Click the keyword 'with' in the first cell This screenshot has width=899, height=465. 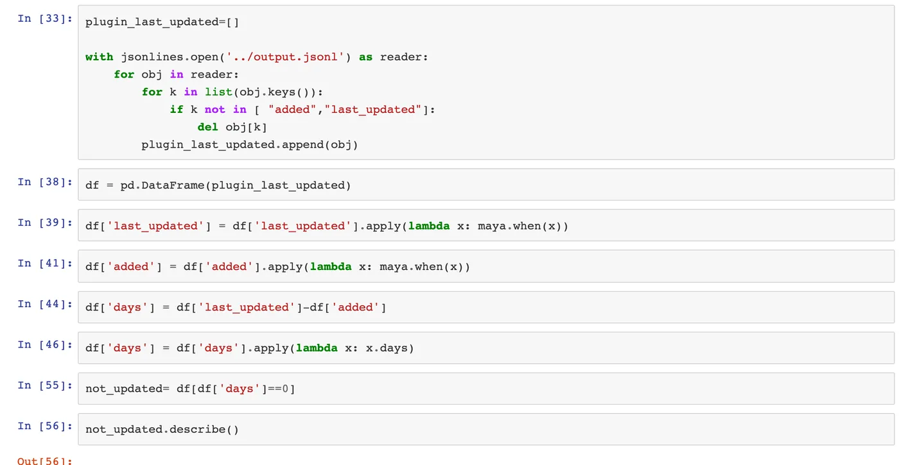pyautogui.click(x=99, y=57)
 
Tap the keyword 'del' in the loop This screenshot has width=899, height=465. pyautogui.click(x=208, y=127)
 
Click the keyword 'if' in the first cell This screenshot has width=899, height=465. pyautogui.click(x=177, y=110)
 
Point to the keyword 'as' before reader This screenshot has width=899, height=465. pyautogui.click(x=365, y=57)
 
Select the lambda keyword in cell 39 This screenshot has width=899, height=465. pyautogui.click(x=429, y=226)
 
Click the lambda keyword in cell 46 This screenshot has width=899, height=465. pyautogui.click(x=317, y=348)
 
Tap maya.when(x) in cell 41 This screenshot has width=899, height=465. pyautogui.click(x=424, y=267)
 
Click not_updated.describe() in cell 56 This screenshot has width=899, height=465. pyautogui.click(x=162, y=430)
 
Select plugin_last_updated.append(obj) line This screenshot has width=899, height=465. pyautogui.click(x=250, y=145)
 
